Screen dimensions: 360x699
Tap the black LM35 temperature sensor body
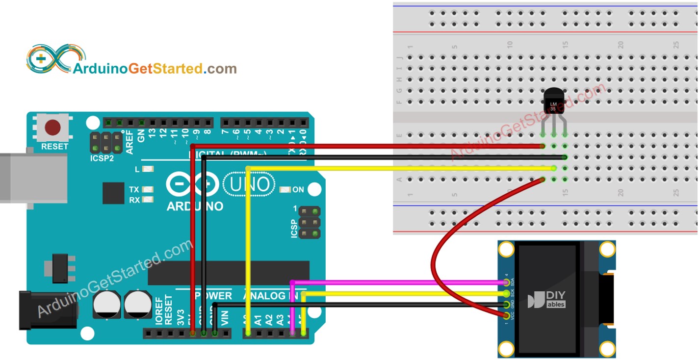(x=554, y=105)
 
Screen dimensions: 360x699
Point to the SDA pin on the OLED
(x=506, y=283)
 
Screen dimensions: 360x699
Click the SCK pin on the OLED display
(x=506, y=294)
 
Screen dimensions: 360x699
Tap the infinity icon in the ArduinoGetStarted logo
(x=49, y=59)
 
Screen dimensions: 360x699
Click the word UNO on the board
(x=249, y=185)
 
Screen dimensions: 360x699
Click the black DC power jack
(x=47, y=310)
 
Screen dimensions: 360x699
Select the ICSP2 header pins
(x=106, y=142)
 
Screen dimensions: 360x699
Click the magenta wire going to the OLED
(x=392, y=282)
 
